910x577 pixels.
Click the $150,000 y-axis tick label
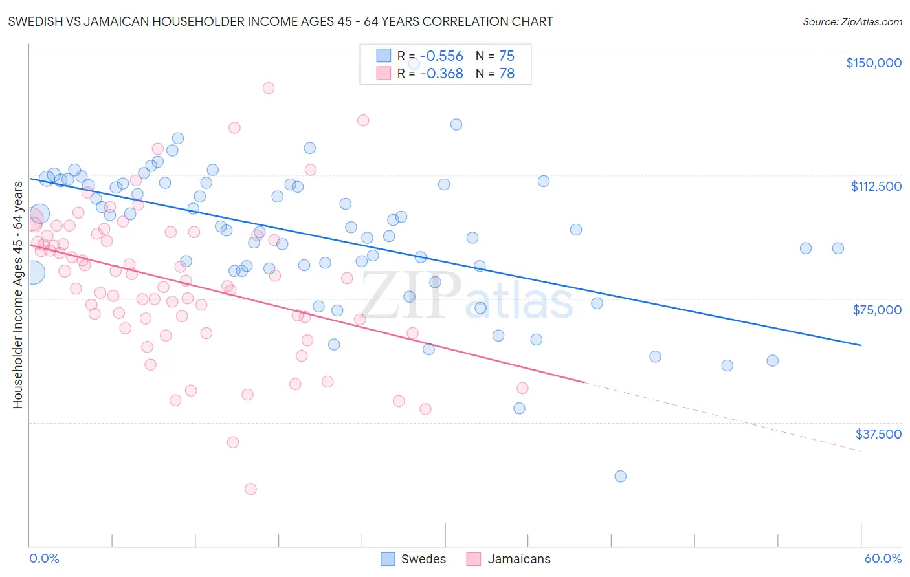(x=873, y=63)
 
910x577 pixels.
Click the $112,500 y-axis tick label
(x=876, y=186)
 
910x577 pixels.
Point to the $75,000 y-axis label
(x=877, y=310)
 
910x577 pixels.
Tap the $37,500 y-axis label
(x=878, y=434)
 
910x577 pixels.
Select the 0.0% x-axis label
(x=44, y=559)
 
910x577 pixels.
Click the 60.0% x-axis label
(x=883, y=559)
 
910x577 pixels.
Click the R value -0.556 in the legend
(x=441, y=56)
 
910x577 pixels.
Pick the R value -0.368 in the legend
(x=441, y=74)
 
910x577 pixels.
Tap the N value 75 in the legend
(x=507, y=56)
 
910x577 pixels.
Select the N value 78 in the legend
(x=507, y=74)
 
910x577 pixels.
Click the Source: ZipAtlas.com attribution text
(x=852, y=21)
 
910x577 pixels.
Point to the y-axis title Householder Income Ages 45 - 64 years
(x=17, y=295)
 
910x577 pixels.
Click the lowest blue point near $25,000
(x=620, y=476)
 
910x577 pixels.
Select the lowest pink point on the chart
(x=250, y=489)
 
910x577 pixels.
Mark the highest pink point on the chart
(x=269, y=88)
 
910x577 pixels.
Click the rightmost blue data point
(x=838, y=248)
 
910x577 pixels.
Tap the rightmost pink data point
(x=522, y=388)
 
